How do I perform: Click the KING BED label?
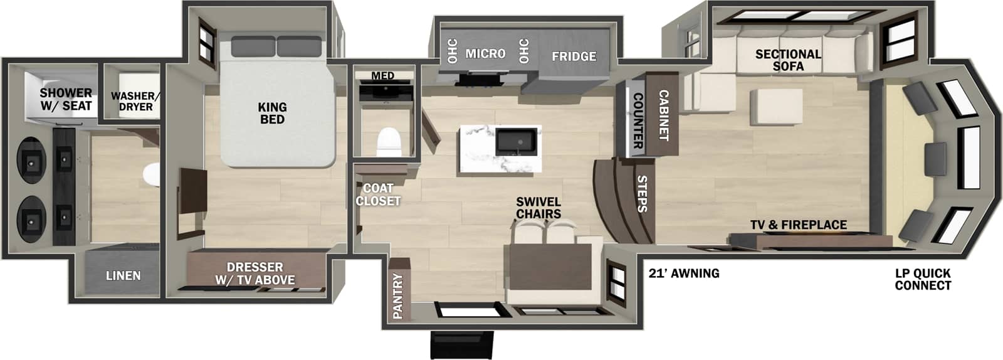pyautogui.click(x=272, y=114)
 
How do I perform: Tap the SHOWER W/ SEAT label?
pyautogui.click(x=66, y=100)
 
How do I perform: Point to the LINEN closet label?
pyautogui.click(x=123, y=275)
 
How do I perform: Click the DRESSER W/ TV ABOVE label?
pyautogui.click(x=255, y=273)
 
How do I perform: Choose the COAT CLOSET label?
pyautogui.click(x=378, y=194)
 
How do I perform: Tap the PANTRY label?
pyautogui.click(x=397, y=296)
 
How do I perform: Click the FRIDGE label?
pyautogui.click(x=574, y=56)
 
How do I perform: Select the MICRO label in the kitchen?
pyautogui.click(x=485, y=53)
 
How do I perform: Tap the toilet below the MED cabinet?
pyautogui.click(x=389, y=142)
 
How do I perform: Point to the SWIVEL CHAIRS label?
pyautogui.click(x=538, y=208)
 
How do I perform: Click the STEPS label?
pyautogui.click(x=642, y=194)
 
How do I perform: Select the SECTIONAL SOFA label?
pyautogui.click(x=788, y=60)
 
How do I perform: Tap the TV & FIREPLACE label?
pyautogui.click(x=799, y=225)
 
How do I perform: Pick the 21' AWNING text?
pyautogui.click(x=683, y=273)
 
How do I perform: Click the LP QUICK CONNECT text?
pyautogui.click(x=923, y=280)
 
